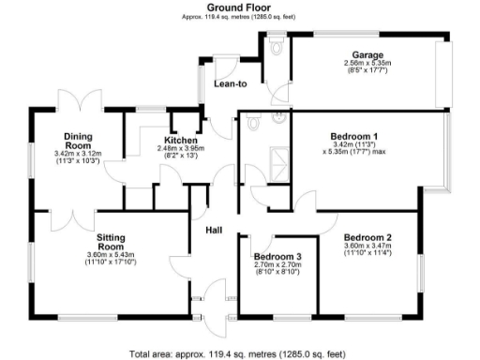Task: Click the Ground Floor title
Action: pos(239,7)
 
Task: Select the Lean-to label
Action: pos(231,84)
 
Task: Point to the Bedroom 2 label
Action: pos(367,237)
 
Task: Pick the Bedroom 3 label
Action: pos(277,256)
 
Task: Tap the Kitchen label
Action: pos(181,140)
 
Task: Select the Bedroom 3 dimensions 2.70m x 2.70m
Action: pos(277,265)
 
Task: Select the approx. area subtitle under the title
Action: pos(239,17)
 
